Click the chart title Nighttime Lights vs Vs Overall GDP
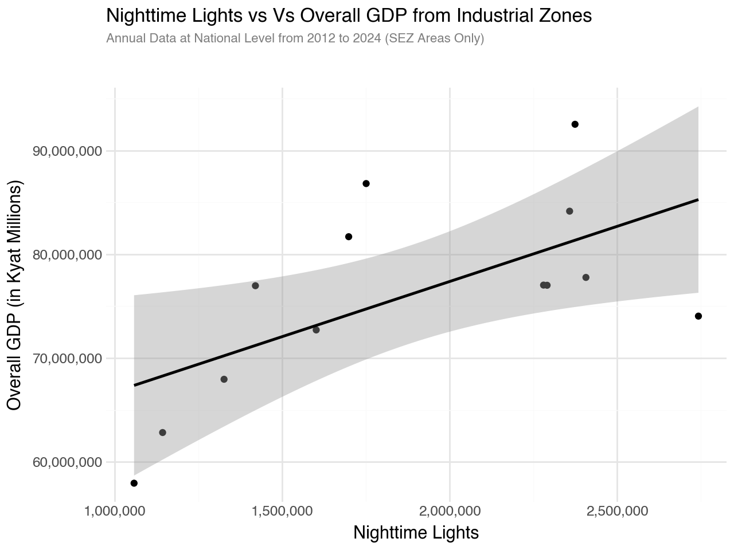pos(349,16)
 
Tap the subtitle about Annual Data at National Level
pos(295,39)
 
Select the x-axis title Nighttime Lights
pos(416,532)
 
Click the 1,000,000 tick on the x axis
pos(115,510)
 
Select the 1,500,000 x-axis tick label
pos(282,510)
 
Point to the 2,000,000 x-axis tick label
pos(450,510)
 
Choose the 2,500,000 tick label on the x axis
pos(617,510)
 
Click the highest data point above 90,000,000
pos(575,124)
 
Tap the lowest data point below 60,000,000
pos(134,483)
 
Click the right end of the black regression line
pos(697,200)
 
